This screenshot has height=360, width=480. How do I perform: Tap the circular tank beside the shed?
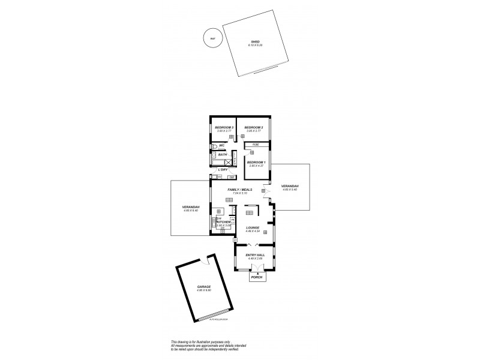click(211, 38)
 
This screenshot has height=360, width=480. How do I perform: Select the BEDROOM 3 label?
click(223, 127)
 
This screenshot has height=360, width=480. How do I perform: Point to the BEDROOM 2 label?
click(254, 127)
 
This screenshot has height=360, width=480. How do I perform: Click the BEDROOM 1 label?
click(256, 162)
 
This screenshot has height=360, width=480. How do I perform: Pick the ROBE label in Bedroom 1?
click(256, 145)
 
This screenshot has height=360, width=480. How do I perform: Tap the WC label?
click(221, 145)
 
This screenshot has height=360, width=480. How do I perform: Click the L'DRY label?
click(223, 170)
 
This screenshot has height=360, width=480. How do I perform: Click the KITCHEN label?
click(224, 222)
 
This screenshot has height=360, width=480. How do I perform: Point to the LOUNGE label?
click(253, 228)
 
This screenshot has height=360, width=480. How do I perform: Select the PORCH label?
click(257, 277)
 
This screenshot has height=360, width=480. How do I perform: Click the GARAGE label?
click(204, 287)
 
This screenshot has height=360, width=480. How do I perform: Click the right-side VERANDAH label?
click(289, 187)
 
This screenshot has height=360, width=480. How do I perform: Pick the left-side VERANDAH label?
click(190, 208)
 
